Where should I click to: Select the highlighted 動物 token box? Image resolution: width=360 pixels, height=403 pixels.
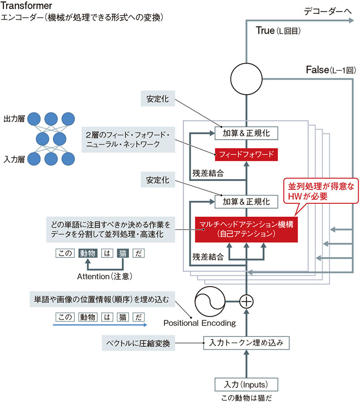87,253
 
